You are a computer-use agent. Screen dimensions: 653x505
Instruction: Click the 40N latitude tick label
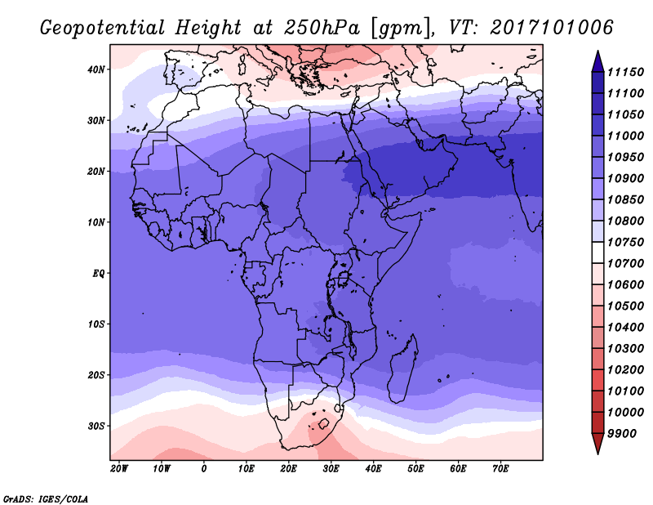coord(96,69)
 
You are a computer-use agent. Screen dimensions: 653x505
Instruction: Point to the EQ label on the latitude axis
coord(98,274)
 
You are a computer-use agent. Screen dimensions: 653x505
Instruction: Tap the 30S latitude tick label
coord(96,427)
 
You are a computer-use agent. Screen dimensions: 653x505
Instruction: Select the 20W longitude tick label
coord(119,469)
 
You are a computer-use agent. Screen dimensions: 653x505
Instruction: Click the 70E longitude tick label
coord(500,469)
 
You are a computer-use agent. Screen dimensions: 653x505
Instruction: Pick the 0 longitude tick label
coord(203,469)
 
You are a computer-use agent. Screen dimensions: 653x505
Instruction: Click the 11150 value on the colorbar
coord(625,72)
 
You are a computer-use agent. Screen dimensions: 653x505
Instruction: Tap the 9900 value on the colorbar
coord(622,434)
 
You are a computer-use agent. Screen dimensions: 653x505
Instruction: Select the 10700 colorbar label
coord(625,264)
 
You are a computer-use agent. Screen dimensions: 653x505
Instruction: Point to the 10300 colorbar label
coord(625,349)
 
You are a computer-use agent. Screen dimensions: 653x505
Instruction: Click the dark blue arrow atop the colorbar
coord(597,61)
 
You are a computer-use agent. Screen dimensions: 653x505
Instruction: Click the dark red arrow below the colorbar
coord(597,444)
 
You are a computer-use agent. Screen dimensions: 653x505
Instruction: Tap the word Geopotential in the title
coord(103,28)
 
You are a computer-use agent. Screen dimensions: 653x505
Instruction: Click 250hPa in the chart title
coord(322,28)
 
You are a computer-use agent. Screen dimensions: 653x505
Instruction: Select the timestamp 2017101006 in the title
coord(552,27)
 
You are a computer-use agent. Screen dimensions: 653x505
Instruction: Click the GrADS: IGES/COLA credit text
coord(46,499)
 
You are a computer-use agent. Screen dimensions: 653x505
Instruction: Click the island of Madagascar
coord(403,369)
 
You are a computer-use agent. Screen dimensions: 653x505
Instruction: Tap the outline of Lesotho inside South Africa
coord(323,424)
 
